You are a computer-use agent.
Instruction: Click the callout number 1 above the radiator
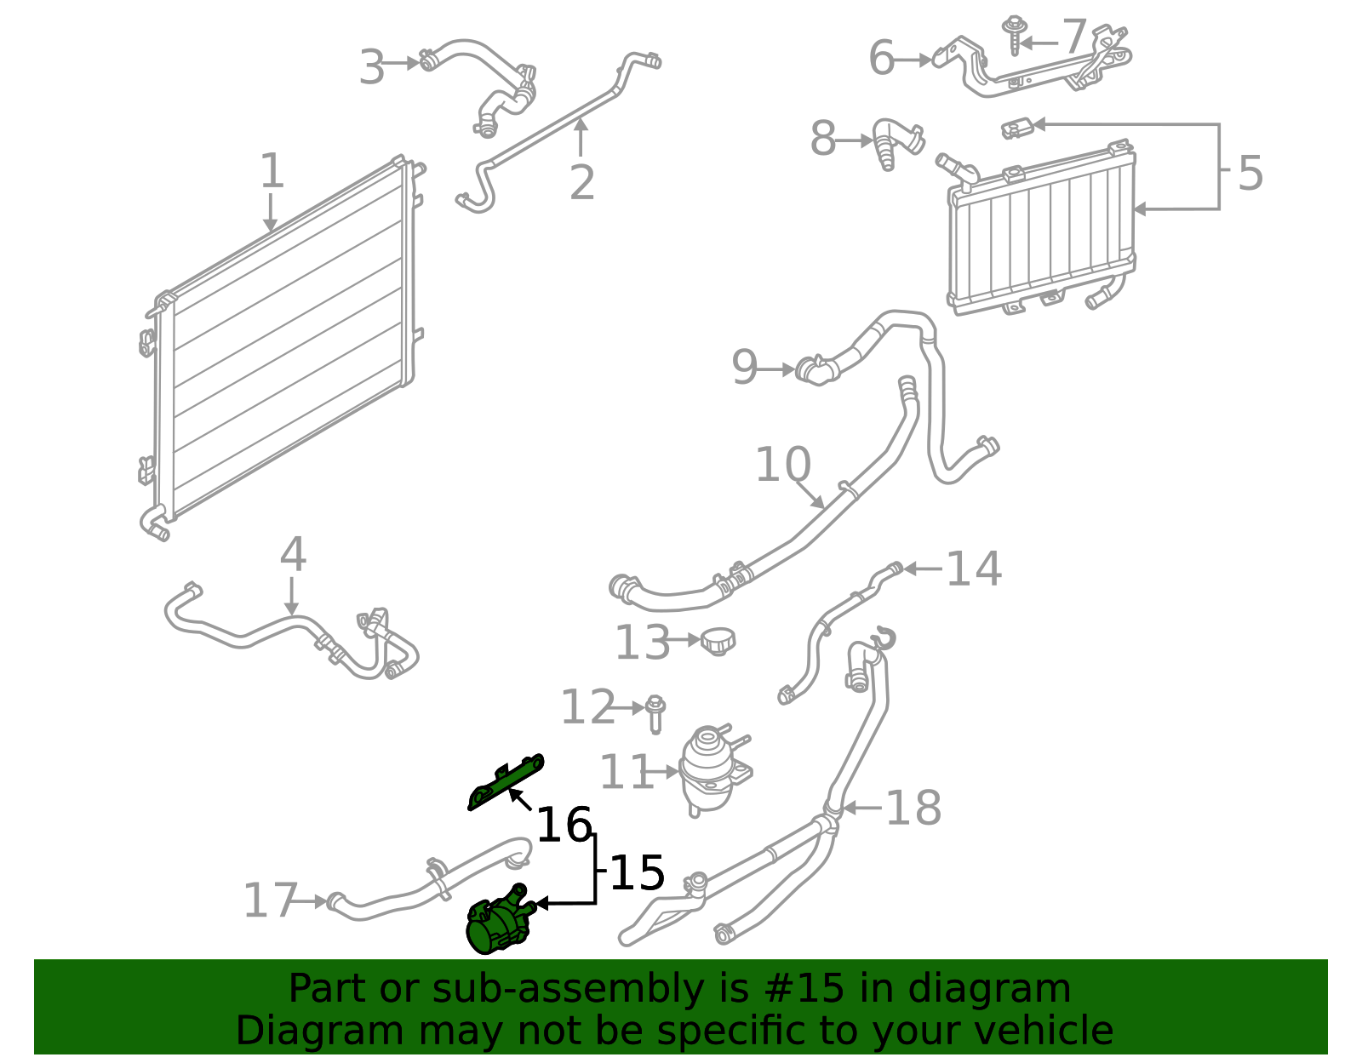click(272, 172)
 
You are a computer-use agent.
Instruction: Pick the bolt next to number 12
click(655, 713)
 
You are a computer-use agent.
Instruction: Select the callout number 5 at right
click(1249, 174)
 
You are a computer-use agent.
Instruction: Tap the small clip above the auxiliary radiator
click(1017, 129)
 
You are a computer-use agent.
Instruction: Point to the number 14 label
click(973, 569)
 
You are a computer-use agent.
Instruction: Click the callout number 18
click(913, 808)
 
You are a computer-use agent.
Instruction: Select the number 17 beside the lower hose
click(270, 900)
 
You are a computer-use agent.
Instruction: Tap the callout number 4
click(293, 555)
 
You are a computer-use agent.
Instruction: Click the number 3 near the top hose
click(372, 67)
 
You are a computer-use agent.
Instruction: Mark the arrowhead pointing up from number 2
click(581, 126)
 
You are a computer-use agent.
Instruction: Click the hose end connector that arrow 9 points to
click(813, 370)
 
